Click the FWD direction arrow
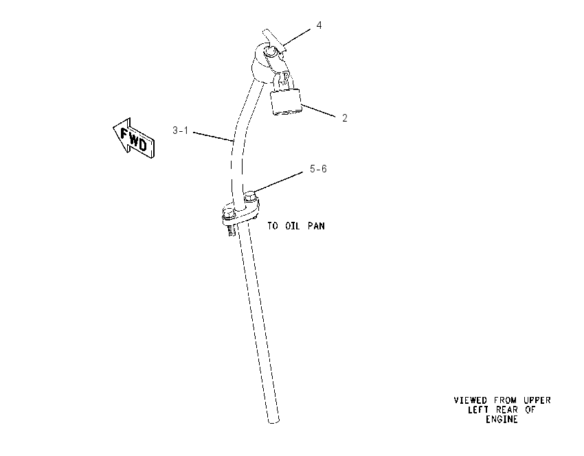pyautogui.click(x=134, y=139)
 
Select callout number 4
pyautogui.click(x=319, y=25)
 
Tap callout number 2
pyautogui.click(x=344, y=118)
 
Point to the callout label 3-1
pyautogui.click(x=180, y=130)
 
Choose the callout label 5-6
pyautogui.click(x=318, y=169)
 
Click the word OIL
pyautogui.click(x=293, y=226)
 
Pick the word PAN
pyautogui.click(x=316, y=226)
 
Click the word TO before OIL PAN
pyautogui.click(x=273, y=226)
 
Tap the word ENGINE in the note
pyautogui.click(x=502, y=420)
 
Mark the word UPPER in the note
pyautogui.click(x=537, y=400)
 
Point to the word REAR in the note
pyautogui.click(x=507, y=410)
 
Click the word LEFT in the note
pyautogui.click(x=478, y=410)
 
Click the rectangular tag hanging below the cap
pyautogui.click(x=286, y=102)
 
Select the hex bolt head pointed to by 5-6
pyautogui.click(x=251, y=194)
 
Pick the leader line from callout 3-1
pyautogui.click(x=213, y=137)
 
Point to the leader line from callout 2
pyautogui.click(x=318, y=111)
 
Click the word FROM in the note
pyautogui.click(x=506, y=400)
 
